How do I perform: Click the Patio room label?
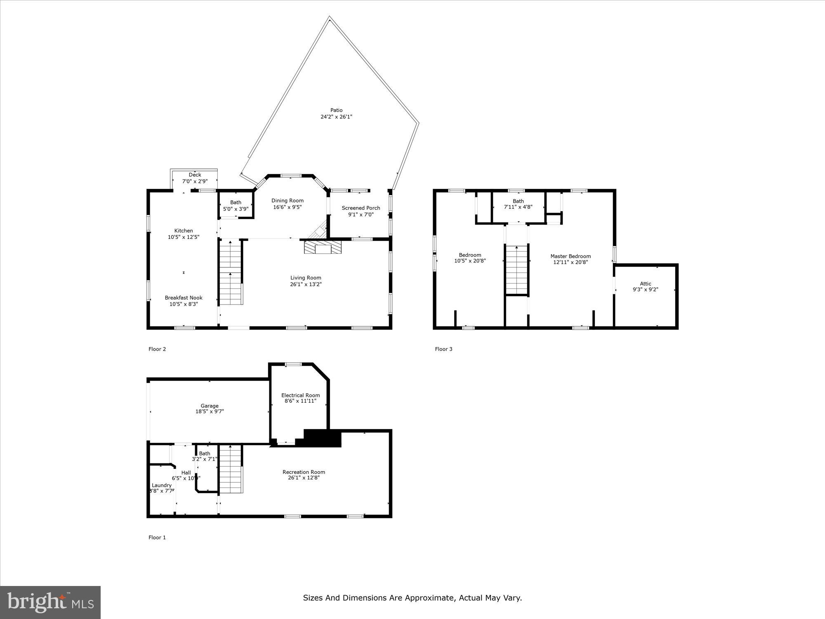pyautogui.click(x=336, y=110)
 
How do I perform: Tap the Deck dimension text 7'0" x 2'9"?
pyautogui.click(x=195, y=181)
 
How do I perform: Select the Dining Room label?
pyautogui.click(x=287, y=201)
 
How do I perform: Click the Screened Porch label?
pyautogui.click(x=361, y=208)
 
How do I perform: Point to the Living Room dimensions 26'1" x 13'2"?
pyautogui.click(x=305, y=284)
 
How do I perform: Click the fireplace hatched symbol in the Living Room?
pyautogui.click(x=323, y=248)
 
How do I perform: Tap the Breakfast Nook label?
pyautogui.click(x=184, y=298)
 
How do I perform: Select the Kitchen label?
pyautogui.click(x=184, y=231)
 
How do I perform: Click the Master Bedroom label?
pyautogui.click(x=570, y=256)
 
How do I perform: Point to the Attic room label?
pyautogui.click(x=645, y=284)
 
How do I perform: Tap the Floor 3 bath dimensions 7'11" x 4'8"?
pyautogui.click(x=518, y=207)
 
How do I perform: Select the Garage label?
pyautogui.click(x=210, y=406)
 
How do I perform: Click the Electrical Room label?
pyautogui.click(x=300, y=395)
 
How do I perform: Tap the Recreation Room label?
pyautogui.click(x=304, y=472)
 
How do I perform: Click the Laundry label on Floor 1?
pyautogui.click(x=161, y=485)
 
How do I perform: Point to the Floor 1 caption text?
pyautogui.click(x=157, y=537)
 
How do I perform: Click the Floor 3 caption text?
pyautogui.click(x=443, y=349)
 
